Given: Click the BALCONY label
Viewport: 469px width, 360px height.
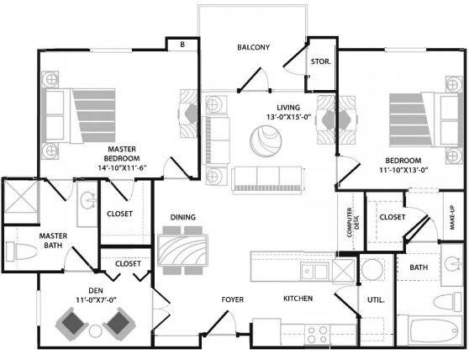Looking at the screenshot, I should click(253, 47).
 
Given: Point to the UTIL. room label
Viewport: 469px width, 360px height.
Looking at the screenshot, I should click(375, 299).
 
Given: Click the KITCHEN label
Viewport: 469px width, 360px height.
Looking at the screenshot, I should click(298, 299).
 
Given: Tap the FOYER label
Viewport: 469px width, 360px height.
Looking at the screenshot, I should click(233, 299).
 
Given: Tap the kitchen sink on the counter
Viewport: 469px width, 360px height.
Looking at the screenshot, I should click(316, 271).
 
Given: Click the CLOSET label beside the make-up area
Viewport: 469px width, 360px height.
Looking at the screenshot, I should click(392, 217).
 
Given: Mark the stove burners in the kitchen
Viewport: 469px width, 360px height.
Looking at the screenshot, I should click(319, 331).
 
